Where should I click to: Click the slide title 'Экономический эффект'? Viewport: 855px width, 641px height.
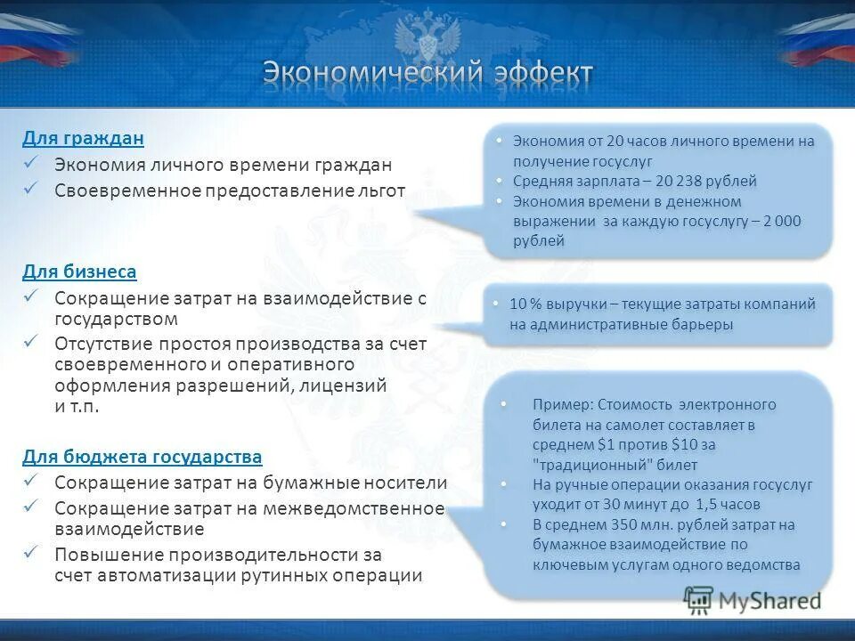pyautogui.click(x=427, y=73)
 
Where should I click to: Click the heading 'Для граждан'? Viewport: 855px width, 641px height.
pyautogui.click(x=84, y=138)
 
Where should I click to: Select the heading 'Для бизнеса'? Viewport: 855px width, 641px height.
pyautogui.click(x=80, y=271)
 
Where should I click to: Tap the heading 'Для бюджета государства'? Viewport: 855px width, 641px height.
pyautogui.click(x=142, y=457)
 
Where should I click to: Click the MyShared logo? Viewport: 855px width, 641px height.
pyautogui.click(x=752, y=600)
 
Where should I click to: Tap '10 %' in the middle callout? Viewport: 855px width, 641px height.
pyautogui.click(x=526, y=304)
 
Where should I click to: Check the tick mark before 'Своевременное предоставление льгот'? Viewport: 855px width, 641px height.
pyautogui.click(x=31, y=190)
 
